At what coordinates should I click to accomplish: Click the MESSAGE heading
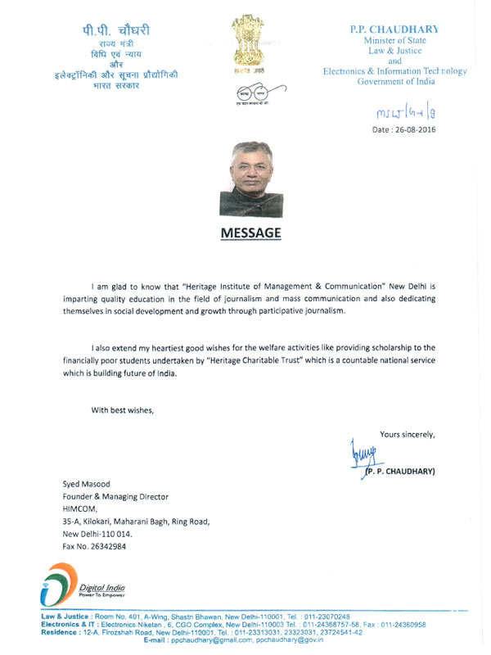click(x=250, y=233)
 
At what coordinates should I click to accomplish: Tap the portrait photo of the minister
click(x=250, y=179)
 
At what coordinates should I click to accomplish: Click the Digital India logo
click(x=82, y=584)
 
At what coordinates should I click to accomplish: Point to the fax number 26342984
click(x=94, y=545)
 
